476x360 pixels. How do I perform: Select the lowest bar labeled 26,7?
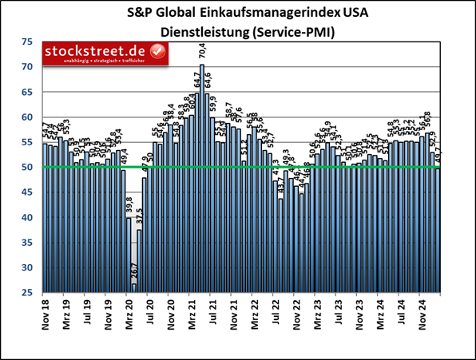(x=134, y=288)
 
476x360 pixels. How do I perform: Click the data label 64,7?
(x=196, y=81)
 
